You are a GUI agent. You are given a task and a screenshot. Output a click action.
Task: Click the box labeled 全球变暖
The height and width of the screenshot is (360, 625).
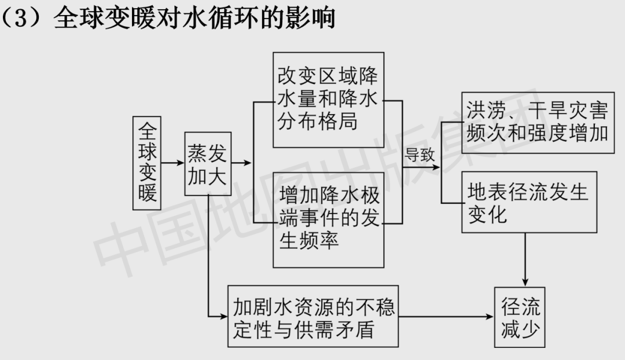148,161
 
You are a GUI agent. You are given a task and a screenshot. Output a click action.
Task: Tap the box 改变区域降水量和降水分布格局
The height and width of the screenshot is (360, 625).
328,100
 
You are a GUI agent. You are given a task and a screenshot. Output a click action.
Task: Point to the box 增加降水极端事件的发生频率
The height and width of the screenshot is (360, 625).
328,219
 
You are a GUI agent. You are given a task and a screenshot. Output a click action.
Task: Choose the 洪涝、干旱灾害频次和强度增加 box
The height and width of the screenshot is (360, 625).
538,122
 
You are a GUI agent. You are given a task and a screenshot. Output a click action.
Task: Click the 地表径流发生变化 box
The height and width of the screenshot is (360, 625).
529,202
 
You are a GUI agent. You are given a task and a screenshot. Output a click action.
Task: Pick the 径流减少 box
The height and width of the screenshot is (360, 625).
520,317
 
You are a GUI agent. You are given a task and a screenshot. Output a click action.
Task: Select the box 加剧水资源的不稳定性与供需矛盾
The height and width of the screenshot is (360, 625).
313,317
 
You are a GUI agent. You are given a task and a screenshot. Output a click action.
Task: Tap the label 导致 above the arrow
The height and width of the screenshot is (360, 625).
420,155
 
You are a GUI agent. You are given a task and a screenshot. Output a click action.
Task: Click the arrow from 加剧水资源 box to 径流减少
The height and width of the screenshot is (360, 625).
446,317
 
